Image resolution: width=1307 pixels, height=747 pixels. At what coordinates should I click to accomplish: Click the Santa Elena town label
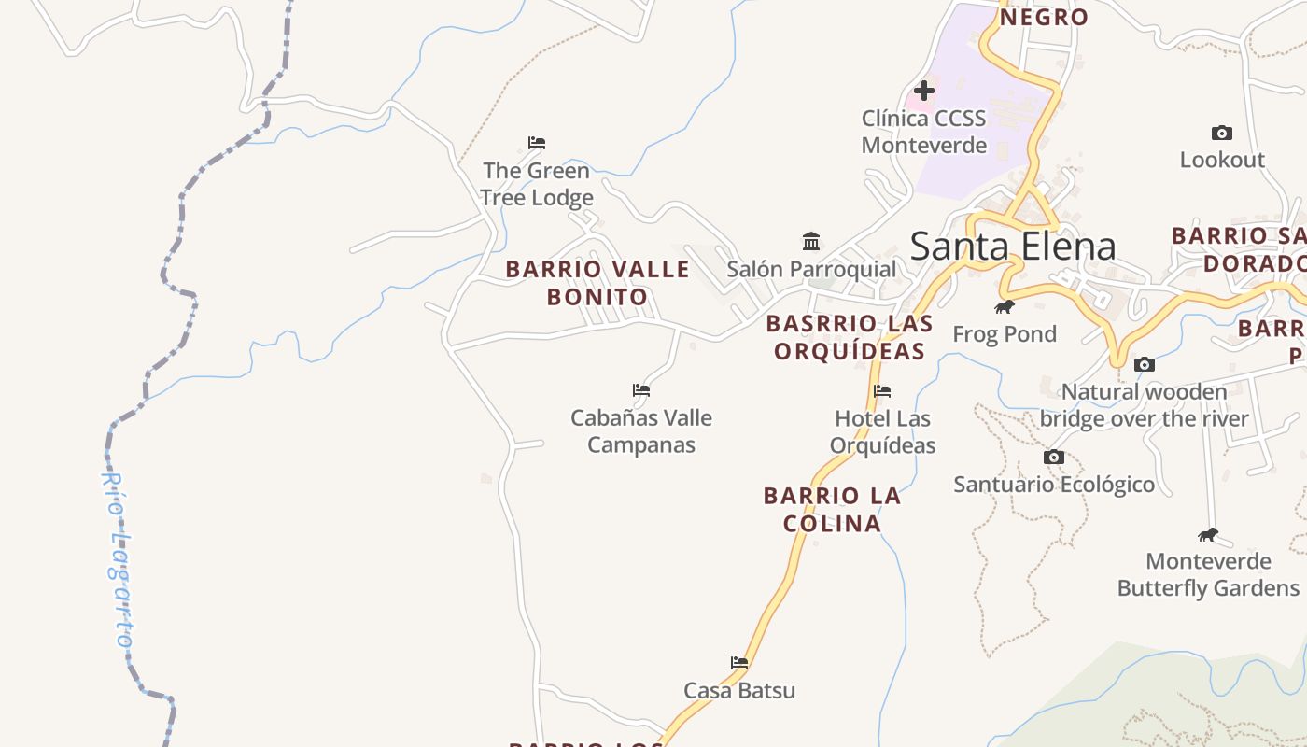1012,247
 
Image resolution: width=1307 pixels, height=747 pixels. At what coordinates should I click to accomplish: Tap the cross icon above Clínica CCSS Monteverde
924,91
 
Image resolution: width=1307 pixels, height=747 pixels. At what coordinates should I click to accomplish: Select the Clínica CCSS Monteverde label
923,132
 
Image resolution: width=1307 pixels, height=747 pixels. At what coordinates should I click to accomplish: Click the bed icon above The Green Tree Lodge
536,143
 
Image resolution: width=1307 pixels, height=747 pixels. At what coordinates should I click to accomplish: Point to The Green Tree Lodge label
536,184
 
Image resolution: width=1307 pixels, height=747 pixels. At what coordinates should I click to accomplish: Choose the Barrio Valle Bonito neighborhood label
597,283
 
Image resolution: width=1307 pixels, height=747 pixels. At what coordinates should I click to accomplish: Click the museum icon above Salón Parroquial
811,242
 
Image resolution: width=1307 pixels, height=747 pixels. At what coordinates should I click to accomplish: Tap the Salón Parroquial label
811,269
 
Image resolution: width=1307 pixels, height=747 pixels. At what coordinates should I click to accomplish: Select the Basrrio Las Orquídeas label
850,337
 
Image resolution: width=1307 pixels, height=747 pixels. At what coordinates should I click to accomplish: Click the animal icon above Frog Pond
1005,306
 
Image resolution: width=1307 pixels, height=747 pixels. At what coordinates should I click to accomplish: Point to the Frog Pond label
1005,333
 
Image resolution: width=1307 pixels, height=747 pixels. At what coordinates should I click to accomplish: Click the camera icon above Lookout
1221,133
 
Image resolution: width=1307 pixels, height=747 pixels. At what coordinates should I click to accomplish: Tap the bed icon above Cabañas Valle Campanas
640,390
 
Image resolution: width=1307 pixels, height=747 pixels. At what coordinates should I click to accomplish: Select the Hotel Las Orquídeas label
882,431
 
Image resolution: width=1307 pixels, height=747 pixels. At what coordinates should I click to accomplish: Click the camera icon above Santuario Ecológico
1054,458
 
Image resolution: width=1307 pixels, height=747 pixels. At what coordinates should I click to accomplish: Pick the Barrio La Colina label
833,509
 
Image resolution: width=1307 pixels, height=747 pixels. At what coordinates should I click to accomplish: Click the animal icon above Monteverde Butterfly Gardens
1208,535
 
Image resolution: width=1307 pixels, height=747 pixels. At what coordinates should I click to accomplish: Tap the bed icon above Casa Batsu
739,663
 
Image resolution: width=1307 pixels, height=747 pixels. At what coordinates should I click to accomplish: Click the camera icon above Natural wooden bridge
1145,364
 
